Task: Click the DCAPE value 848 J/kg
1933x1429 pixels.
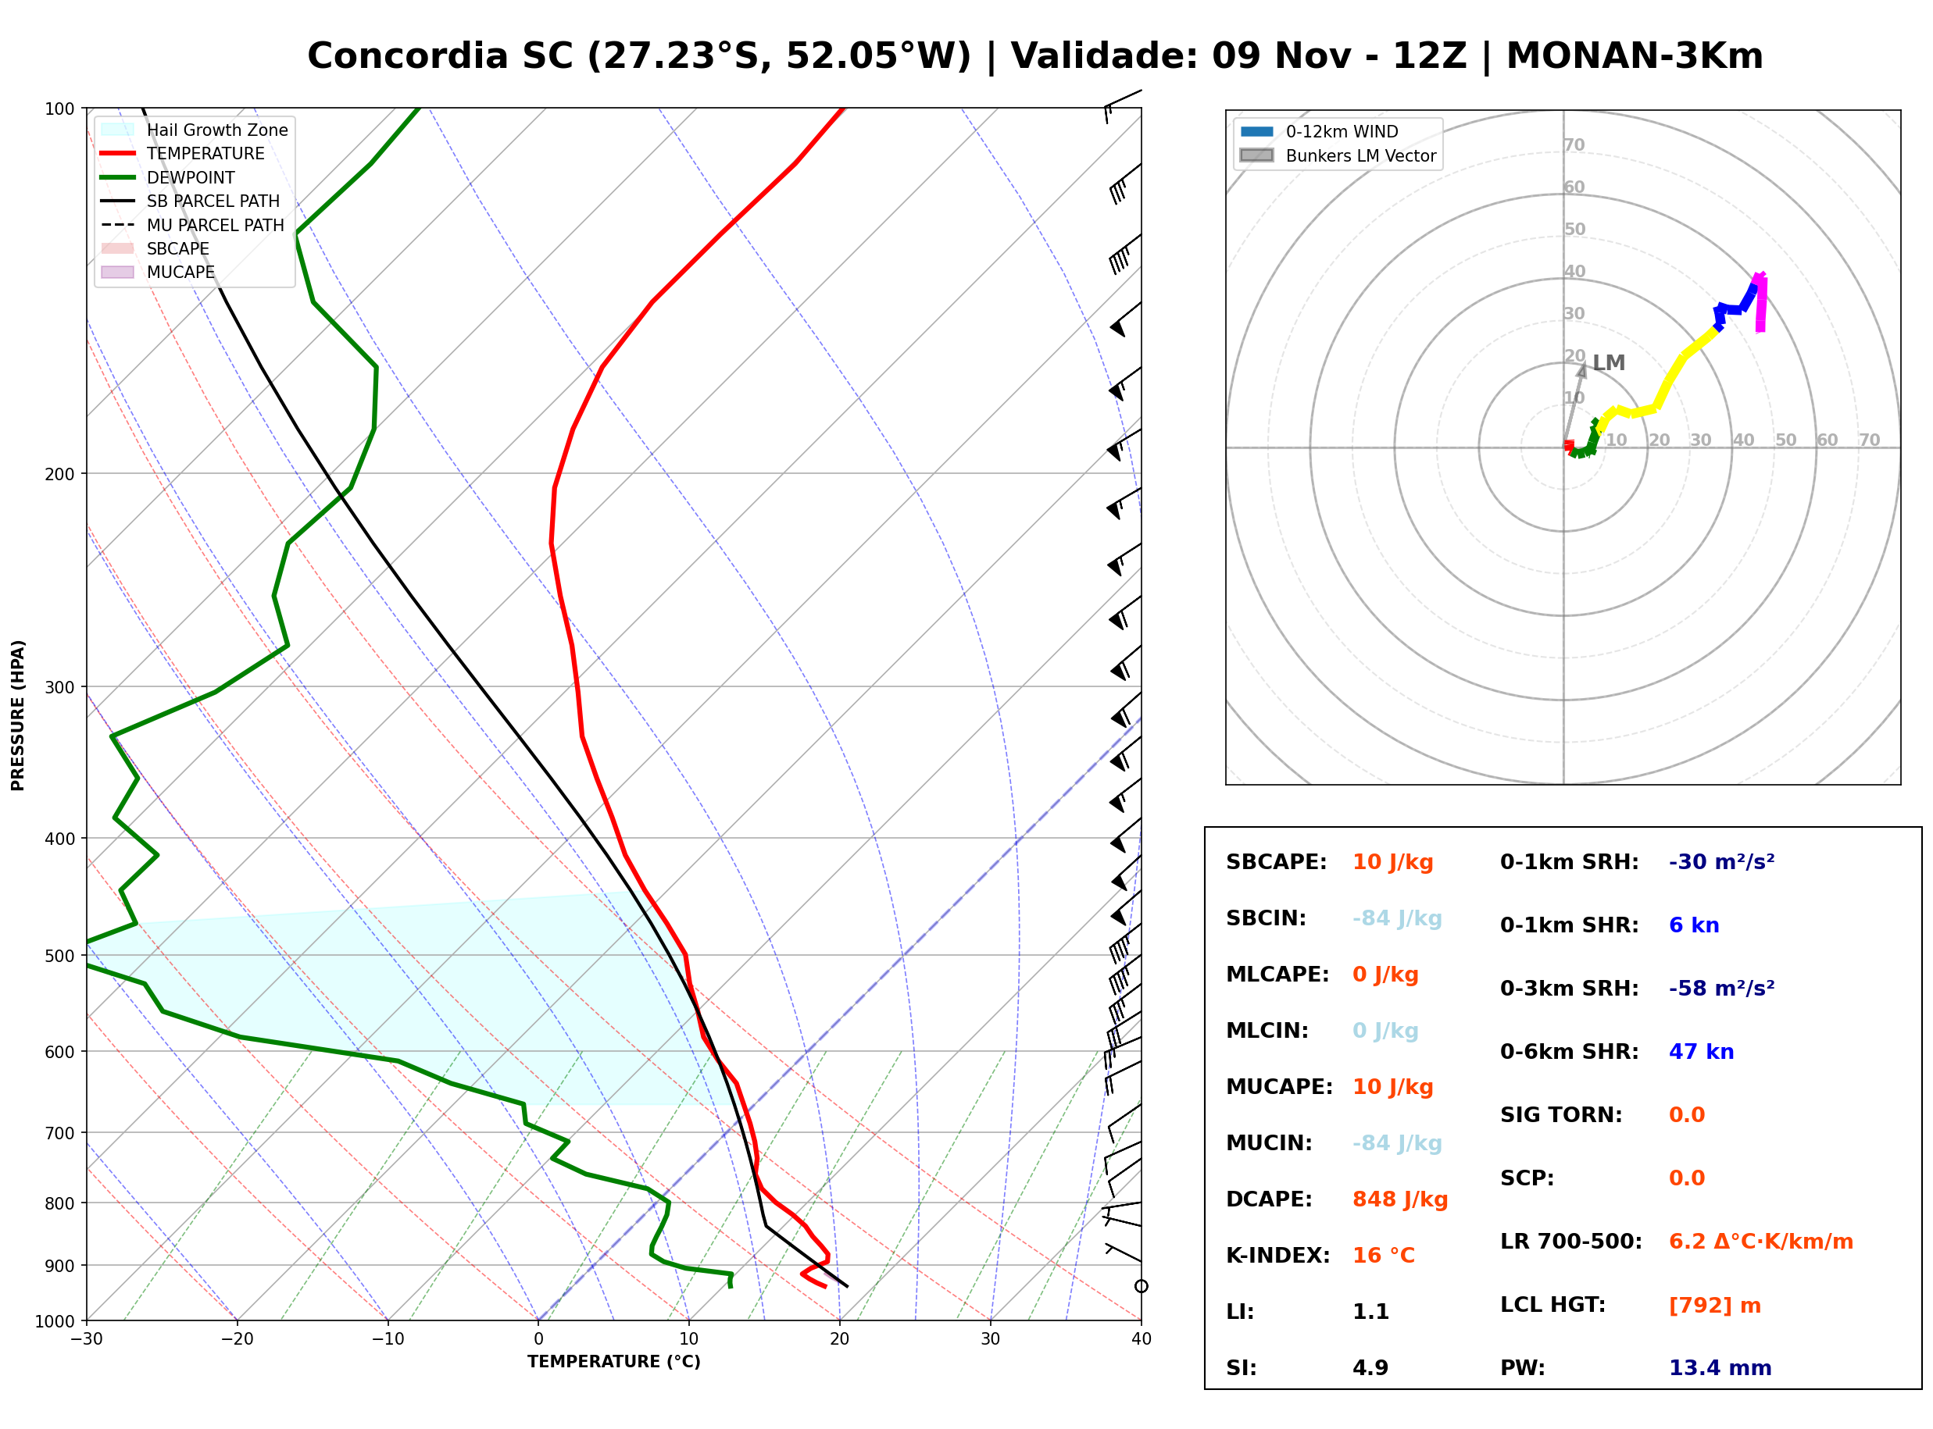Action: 1399,1199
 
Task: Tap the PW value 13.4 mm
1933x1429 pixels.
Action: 1719,1367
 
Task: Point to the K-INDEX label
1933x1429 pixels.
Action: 1277,1255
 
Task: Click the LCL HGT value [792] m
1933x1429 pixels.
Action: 1714,1306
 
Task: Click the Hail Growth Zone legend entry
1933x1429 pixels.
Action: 195,130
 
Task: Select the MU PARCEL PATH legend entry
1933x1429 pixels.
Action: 192,225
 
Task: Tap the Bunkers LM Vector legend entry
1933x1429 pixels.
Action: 1338,155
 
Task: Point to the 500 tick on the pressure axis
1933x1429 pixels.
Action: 61,956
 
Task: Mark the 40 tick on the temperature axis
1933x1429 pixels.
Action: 1142,1339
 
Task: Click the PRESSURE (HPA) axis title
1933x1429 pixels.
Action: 18,715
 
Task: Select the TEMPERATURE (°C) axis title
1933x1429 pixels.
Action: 613,1363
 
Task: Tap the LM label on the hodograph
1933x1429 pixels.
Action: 1609,363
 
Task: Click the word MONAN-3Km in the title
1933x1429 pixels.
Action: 1635,56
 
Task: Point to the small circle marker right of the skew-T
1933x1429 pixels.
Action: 1142,1286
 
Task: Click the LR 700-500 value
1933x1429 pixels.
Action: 1761,1242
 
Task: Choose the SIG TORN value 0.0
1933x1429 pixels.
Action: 1686,1115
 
